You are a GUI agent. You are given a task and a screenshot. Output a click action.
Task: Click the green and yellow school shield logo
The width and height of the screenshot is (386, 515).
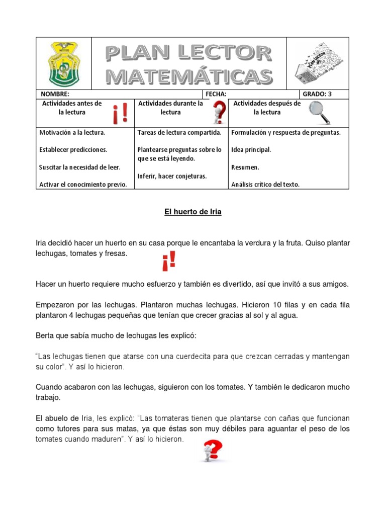coord(64,63)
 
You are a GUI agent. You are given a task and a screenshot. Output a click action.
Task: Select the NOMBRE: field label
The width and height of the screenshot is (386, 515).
coord(52,94)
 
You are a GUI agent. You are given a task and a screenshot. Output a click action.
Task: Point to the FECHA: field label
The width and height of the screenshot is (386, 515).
coord(216,94)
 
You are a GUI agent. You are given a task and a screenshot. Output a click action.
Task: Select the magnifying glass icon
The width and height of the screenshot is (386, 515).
coord(319,112)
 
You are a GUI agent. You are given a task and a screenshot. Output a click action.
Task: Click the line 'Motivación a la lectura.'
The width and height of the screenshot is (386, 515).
coord(72,133)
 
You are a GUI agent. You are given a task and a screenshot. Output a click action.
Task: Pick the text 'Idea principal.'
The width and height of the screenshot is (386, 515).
coord(251,150)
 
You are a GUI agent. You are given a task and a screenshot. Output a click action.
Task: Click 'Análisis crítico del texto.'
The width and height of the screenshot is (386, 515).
coord(265,185)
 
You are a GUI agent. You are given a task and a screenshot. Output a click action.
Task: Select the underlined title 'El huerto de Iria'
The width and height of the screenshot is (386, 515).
coord(193,212)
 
